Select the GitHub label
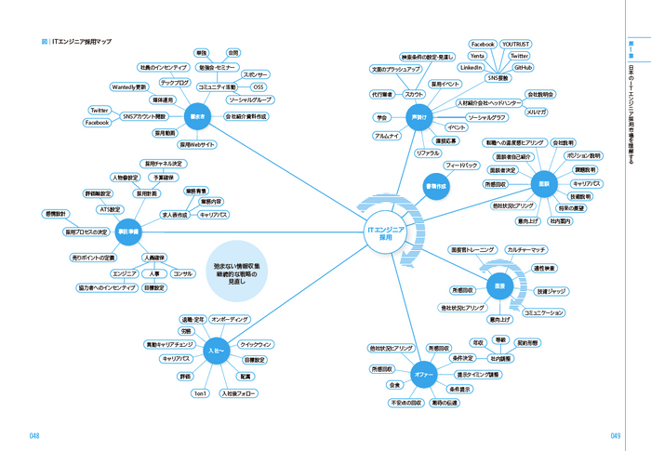(523, 68)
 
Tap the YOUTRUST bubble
(515, 44)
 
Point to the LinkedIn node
(472, 68)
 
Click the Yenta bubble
(478, 56)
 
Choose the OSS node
(259, 86)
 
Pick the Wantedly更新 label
(129, 86)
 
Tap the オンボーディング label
(230, 319)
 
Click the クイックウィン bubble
(256, 345)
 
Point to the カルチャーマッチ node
(526, 250)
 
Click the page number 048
(33, 435)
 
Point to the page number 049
(616, 435)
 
